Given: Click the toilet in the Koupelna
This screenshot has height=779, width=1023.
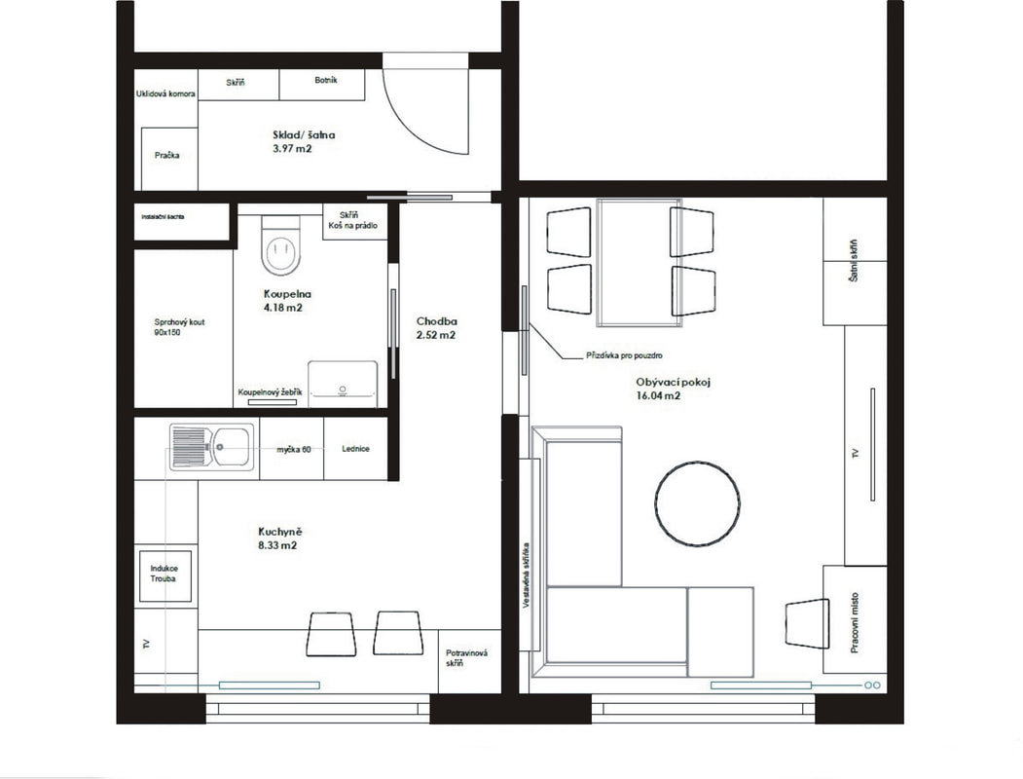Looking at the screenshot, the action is coord(281,245).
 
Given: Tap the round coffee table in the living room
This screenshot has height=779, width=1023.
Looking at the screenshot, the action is coord(698,503).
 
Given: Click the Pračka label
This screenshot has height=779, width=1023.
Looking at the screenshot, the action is coord(167,155).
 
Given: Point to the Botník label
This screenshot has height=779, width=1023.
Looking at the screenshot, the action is coord(325,80).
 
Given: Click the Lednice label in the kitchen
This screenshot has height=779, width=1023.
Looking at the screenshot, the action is coord(355,449).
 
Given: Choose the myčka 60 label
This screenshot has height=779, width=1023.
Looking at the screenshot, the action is coord(294,450).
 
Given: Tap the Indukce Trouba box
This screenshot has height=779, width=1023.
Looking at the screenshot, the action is coord(165,575).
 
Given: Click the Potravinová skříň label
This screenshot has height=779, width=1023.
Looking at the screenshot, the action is coord(466,658).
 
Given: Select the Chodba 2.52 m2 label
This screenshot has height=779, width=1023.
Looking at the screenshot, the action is coord(436,328).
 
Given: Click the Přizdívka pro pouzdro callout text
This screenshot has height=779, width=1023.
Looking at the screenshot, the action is coord(624,356).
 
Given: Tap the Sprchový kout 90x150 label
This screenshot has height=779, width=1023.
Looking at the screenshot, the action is coord(179,327).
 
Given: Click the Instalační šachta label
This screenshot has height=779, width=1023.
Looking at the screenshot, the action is coord(164,216).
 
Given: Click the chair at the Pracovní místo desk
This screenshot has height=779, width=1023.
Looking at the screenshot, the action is coord(806,624).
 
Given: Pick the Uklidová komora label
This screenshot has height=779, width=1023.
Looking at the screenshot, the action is coord(165,93).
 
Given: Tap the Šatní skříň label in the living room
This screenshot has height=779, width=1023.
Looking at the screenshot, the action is coord(854,260).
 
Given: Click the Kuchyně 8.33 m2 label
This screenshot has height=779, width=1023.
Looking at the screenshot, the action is coord(279,538).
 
